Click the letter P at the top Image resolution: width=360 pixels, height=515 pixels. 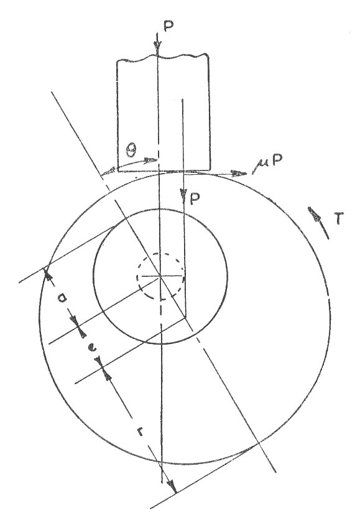(168, 27)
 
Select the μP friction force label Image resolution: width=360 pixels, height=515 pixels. (267, 162)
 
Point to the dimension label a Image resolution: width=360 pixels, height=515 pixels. (62, 298)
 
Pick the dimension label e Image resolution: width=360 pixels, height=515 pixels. (92, 348)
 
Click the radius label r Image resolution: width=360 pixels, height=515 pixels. (141, 432)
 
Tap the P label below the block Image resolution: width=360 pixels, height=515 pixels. (195, 199)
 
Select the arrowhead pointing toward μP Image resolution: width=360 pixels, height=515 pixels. (239, 173)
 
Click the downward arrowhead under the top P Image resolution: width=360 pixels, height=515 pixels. (158, 49)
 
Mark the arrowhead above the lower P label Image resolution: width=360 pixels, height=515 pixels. (183, 194)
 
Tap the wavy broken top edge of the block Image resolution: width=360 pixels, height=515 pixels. (164, 58)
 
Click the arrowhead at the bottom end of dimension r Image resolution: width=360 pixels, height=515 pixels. (171, 486)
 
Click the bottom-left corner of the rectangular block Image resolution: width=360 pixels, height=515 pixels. (118, 171)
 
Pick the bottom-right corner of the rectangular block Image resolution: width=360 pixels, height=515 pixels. (210, 171)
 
